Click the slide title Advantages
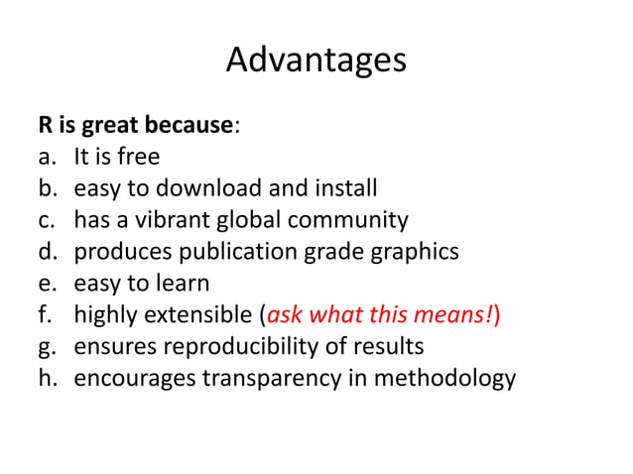point(316,60)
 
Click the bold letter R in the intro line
point(46,126)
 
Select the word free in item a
point(138,157)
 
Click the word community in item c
point(359,220)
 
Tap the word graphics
point(418,252)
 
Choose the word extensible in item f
point(203,315)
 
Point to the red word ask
point(285,315)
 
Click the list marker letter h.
point(47,379)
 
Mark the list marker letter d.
point(47,252)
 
